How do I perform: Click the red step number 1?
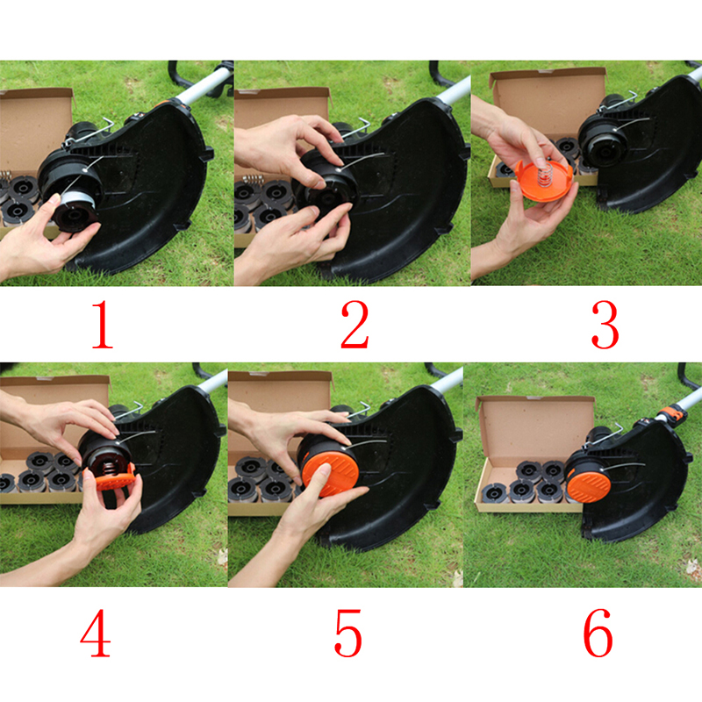(x=103, y=325)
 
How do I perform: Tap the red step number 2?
(x=355, y=325)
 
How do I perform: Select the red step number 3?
(x=605, y=325)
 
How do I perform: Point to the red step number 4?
(x=96, y=633)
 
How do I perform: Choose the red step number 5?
(x=347, y=633)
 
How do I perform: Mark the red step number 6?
(x=598, y=633)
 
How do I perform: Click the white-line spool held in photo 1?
(x=75, y=209)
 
